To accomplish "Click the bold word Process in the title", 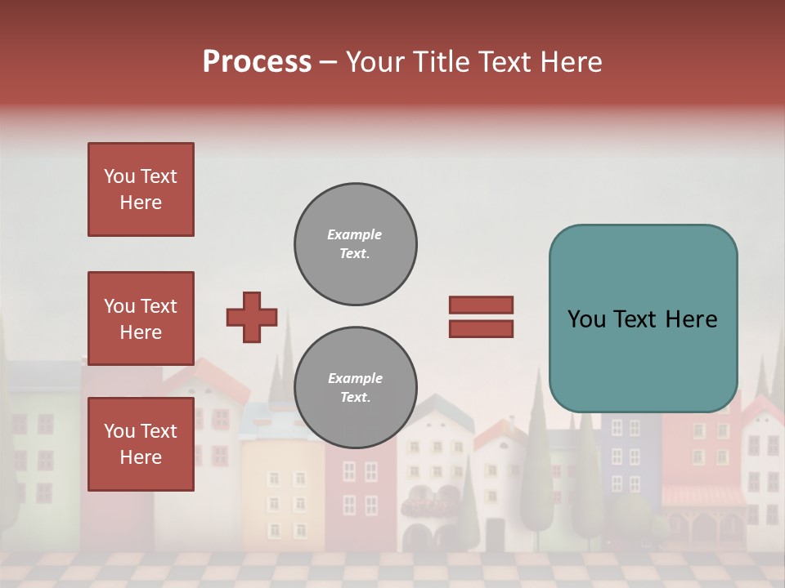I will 257,62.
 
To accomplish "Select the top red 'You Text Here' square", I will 141,189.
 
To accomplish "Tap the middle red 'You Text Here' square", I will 141,318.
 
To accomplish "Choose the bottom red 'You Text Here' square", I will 141,444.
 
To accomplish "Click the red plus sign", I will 252,317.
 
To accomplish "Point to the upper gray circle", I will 356,244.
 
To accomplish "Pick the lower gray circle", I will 356,388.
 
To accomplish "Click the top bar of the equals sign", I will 481,305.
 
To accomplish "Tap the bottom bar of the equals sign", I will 481,328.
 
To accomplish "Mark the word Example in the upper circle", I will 354,234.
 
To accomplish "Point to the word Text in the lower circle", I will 353,398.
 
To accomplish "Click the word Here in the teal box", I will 691,319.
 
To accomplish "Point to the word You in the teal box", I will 586,319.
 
